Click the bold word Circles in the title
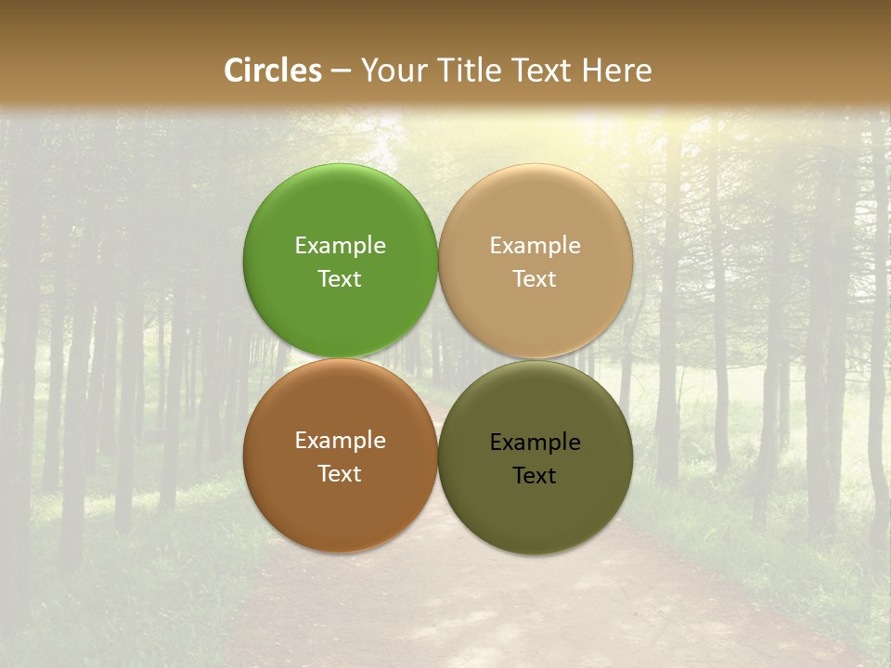click(273, 71)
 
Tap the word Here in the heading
click(617, 71)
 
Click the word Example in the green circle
click(340, 246)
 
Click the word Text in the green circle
click(340, 279)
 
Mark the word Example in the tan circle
click(535, 246)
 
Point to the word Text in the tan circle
click(535, 279)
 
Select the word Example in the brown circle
click(340, 441)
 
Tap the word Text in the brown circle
click(340, 474)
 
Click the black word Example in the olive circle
click(535, 443)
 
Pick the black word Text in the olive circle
click(535, 476)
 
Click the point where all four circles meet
click(438, 358)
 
